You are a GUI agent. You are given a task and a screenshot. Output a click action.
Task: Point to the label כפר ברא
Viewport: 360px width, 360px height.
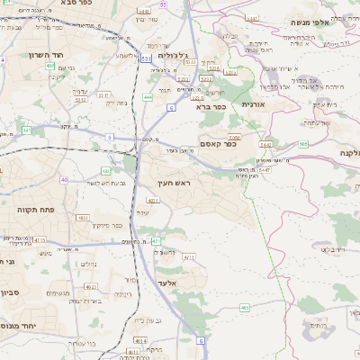tap(211, 106)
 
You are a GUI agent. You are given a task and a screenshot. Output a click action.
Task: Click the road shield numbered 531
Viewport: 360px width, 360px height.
tap(146, 58)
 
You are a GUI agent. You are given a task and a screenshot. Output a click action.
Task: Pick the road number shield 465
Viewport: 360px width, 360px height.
tap(245, 309)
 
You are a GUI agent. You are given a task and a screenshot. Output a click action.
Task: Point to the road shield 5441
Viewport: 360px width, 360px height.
tap(251, 18)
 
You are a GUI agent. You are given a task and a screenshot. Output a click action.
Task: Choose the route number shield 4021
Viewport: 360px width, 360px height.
tap(153, 200)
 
